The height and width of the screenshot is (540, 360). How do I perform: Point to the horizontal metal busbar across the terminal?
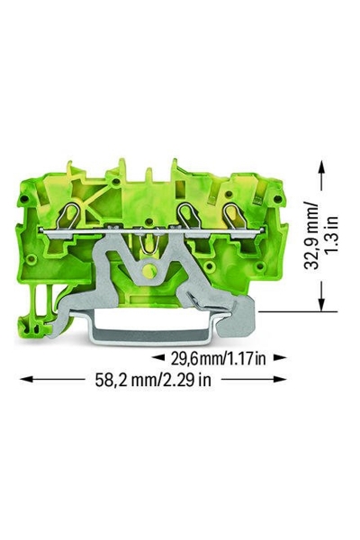tap(153, 229)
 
